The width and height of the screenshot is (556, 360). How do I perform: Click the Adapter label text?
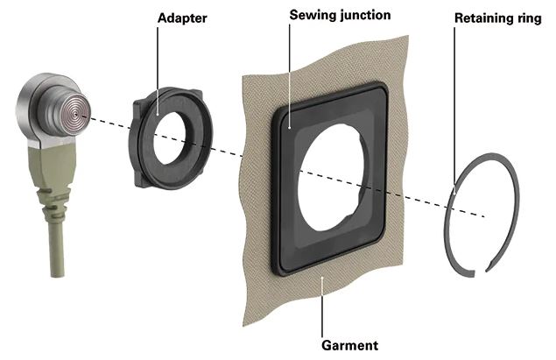182,18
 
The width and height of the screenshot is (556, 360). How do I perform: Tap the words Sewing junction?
340,15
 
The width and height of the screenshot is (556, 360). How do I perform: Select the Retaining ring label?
498,18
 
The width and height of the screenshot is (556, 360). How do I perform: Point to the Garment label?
349,345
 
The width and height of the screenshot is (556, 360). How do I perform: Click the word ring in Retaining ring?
527,18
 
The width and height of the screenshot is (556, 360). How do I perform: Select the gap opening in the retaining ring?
480,272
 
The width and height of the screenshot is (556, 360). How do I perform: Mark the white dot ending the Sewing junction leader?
290,128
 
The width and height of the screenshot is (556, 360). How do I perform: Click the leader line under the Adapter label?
158,71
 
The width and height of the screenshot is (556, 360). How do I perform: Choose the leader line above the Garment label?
322,307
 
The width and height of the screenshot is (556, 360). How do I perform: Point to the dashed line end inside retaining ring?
484,216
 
